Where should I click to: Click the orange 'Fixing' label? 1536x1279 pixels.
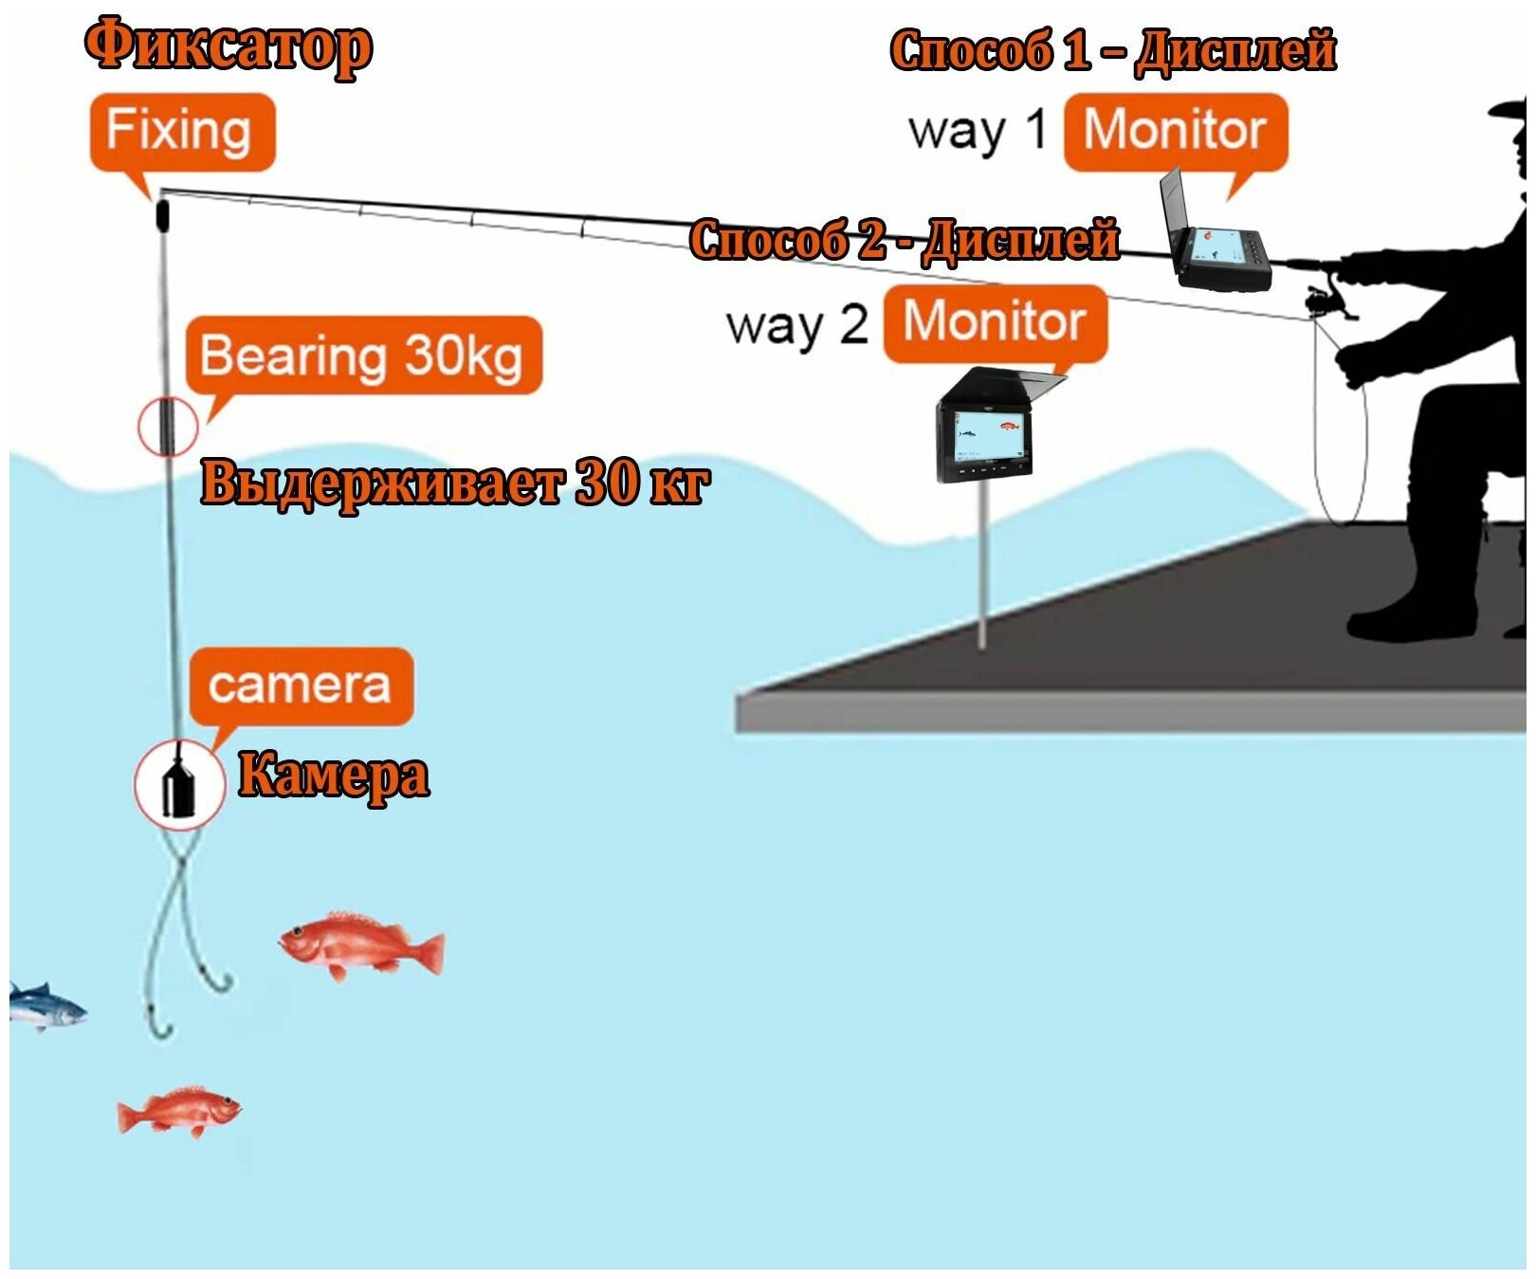click(181, 131)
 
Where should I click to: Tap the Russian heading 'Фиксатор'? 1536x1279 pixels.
click(229, 46)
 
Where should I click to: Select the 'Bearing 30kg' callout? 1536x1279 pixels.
click(362, 356)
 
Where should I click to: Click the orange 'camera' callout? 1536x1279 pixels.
click(300, 685)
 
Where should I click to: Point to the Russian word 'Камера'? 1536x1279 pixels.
click(333, 775)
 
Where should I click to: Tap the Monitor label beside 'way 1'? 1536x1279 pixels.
click(1175, 131)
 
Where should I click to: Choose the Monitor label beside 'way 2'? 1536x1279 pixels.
click(995, 322)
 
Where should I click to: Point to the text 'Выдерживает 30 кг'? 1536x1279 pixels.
click(455, 483)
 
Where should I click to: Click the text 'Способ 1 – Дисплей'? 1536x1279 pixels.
click(1113, 50)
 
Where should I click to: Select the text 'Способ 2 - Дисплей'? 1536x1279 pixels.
click(904, 239)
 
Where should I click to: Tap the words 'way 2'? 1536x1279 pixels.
click(796, 325)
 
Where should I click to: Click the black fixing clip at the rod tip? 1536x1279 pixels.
click(162, 214)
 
